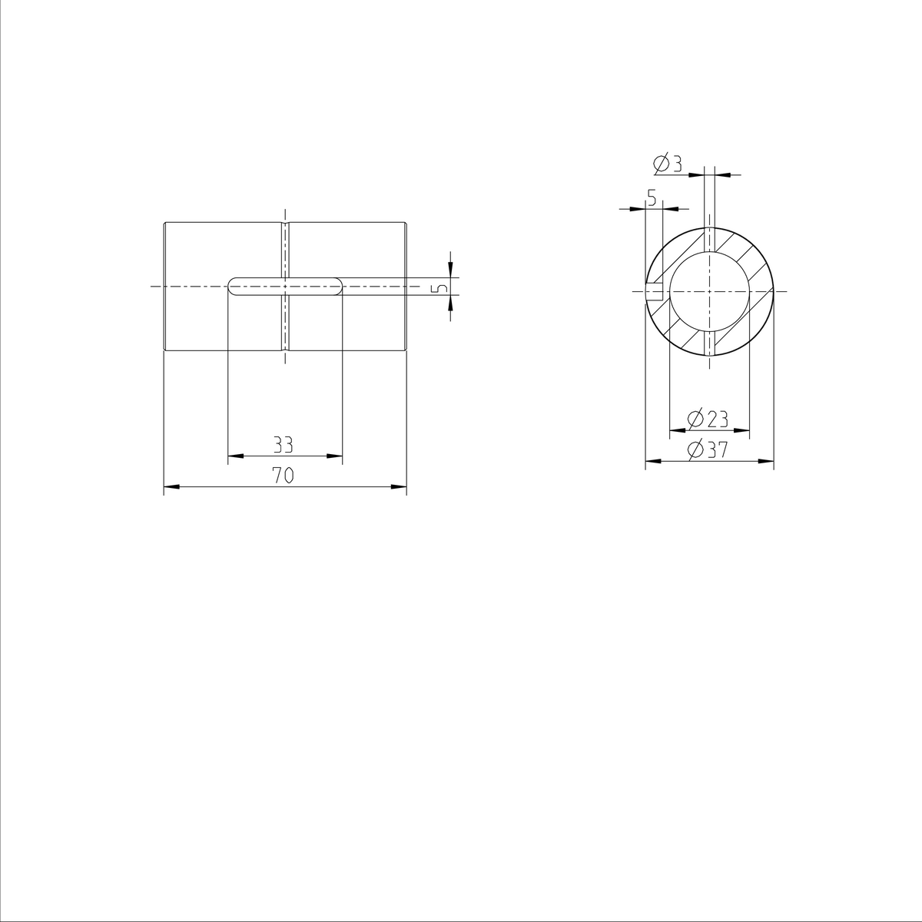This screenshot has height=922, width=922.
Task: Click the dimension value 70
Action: coord(283,476)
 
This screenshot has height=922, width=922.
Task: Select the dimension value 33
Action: coord(283,445)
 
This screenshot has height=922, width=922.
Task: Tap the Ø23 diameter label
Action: coord(708,419)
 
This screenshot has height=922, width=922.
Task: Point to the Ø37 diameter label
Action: coord(708,450)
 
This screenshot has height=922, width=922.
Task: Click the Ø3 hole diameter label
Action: coord(668,164)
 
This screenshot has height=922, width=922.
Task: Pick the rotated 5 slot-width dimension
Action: coord(439,287)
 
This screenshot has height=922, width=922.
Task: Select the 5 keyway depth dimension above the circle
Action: coord(652,198)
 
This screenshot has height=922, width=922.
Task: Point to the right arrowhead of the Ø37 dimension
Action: coord(766,462)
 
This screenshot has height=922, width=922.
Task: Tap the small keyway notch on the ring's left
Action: coord(654,292)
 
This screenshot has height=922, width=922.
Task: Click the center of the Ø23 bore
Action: coord(709,292)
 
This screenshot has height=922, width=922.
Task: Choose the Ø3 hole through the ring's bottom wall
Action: coord(709,343)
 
